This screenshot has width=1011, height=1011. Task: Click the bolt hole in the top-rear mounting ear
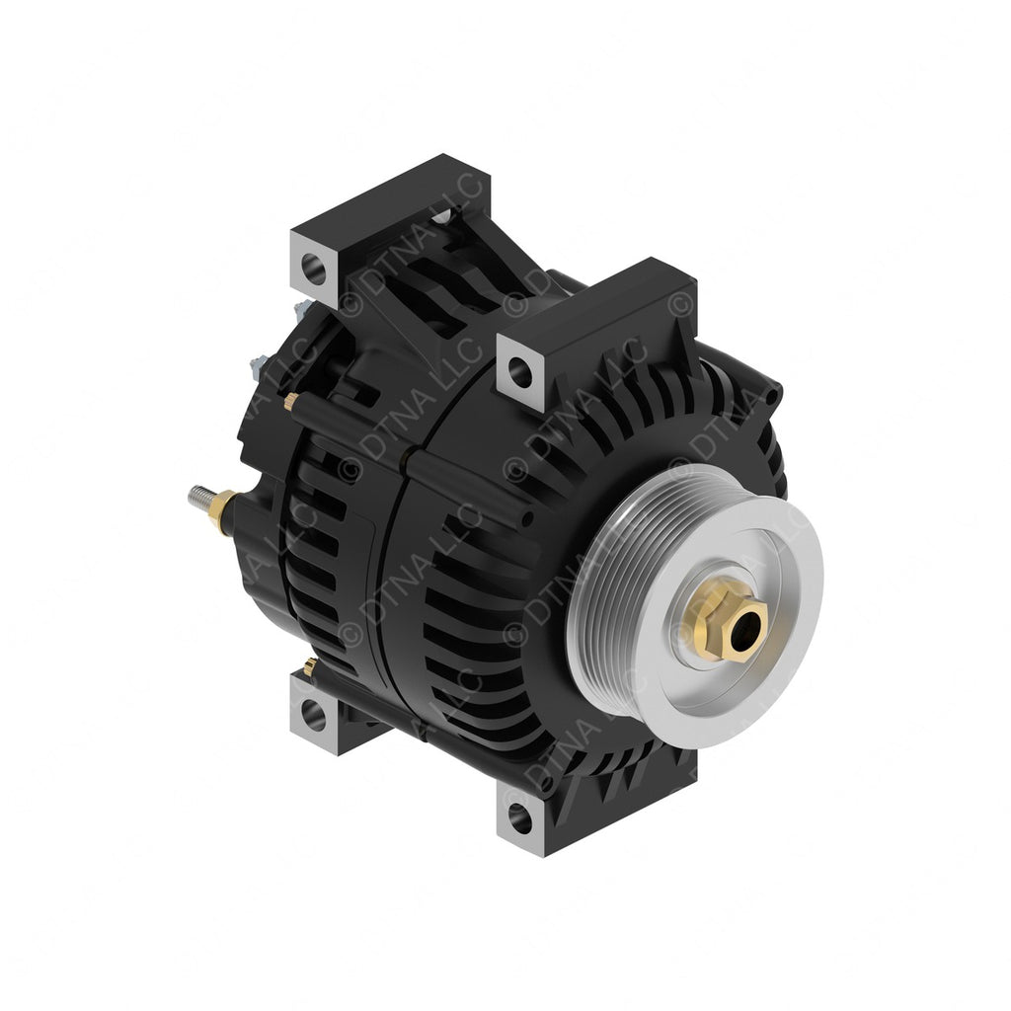(x=313, y=265)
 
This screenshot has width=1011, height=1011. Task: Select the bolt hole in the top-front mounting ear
(x=519, y=372)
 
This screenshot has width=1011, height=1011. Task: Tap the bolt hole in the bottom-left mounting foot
(x=313, y=713)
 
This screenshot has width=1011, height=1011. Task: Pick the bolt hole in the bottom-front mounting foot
(x=519, y=817)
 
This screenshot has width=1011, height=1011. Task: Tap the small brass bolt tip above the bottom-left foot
(x=310, y=666)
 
